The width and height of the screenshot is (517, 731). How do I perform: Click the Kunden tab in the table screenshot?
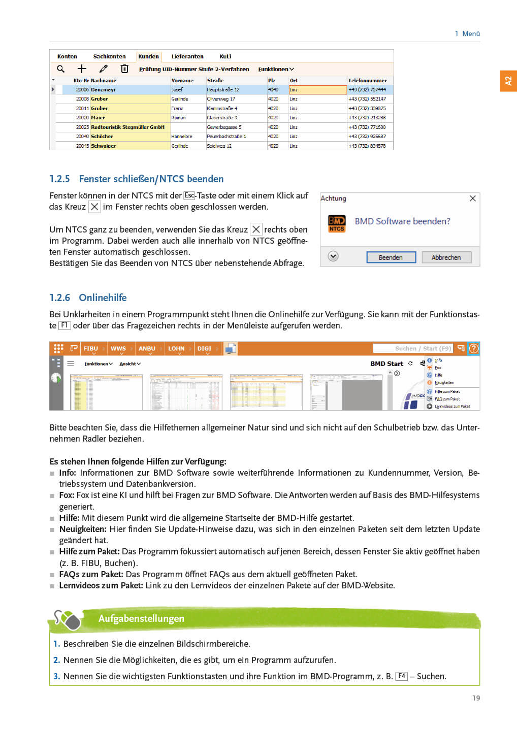click(x=148, y=56)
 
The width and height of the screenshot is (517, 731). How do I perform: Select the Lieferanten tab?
click(x=187, y=56)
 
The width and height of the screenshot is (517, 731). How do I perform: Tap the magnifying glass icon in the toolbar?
click(x=61, y=69)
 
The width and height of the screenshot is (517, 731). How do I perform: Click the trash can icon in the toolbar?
click(x=124, y=69)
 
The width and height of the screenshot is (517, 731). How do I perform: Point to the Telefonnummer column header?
click(x=367, y=80)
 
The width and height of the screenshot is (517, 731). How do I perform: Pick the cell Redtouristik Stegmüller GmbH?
click(x=127, y=127)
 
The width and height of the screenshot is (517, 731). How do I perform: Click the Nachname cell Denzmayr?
click(x=104, y=89)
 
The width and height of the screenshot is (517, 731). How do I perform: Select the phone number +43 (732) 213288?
click(x=367, y=118)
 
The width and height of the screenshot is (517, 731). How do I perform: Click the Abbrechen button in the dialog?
click(x=446, y=257)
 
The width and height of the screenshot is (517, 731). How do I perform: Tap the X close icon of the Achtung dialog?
click(x=472, y=198)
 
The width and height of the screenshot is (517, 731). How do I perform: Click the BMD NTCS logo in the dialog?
click(x=337, y=223)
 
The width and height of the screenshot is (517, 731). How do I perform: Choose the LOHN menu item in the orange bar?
click(x=176, y=349)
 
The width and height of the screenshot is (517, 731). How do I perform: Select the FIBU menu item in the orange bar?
click(x=91, y=349)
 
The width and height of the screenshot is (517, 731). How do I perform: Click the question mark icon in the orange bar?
click(x=474, y=348)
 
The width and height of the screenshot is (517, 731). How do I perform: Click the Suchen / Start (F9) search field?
click(x=412, y=348)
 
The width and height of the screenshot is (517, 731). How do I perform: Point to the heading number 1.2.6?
click(x=59, y=297)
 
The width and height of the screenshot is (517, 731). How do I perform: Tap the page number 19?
click(x=476, y=698)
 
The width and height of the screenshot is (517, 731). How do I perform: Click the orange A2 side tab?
click(x=508, y=81)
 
